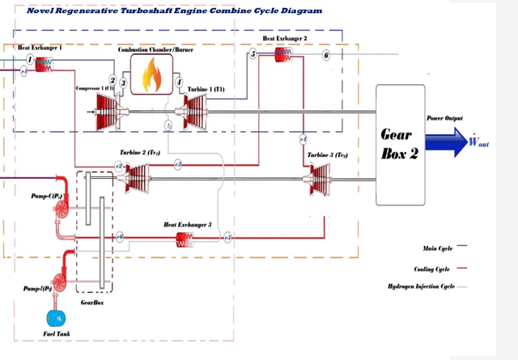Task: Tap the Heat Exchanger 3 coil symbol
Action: pyautogui.click(x=186, y=238)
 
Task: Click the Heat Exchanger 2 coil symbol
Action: pyautogui.click(x=283, y=53)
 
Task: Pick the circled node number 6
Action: pyautogui.click(x=326, y=56)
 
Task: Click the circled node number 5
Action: pyautogui.click(x=253, y=54)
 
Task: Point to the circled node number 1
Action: pyautogui.click(x=30, y=61)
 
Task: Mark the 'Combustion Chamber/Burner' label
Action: pyautogui.click(x=150, y=49)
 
